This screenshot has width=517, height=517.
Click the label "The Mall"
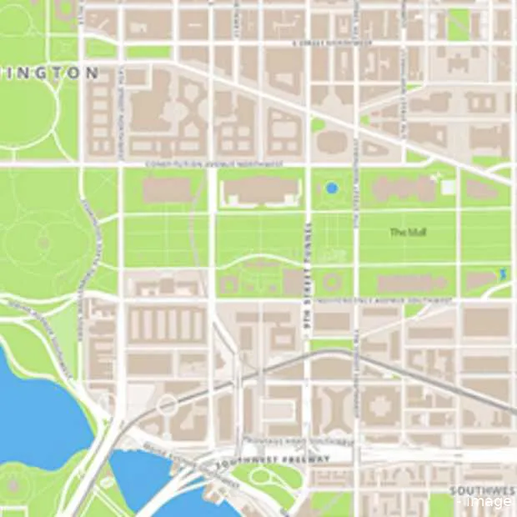pyautogui.click(x=408, y=233)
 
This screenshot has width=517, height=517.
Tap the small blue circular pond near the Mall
pyautogui.click(x=332, y=188)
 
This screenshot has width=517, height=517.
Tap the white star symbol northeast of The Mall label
pyautogui.click(x=439, y=177)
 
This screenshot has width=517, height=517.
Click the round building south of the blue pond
pyautogui.click(x=332, y=280)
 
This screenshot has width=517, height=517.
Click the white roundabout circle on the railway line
pyautogui.click(x=167, y=405)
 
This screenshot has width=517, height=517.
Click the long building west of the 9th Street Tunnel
pyautogui.click(x=259, y=191)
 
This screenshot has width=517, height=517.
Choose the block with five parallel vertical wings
pyautogui.click(x=165, y=324)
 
